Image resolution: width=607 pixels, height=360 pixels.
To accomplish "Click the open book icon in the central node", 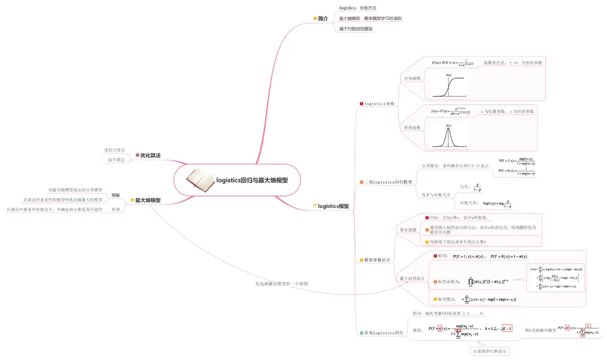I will (x=200, y=180).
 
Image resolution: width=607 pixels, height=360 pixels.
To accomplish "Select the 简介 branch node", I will (x=323, y=18).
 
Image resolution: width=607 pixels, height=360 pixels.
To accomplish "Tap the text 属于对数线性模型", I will (x=356, y=29).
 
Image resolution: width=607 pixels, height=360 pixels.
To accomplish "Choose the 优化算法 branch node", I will (x=150, y=155).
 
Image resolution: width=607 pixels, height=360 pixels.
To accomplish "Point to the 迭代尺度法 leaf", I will (x=114, y=150).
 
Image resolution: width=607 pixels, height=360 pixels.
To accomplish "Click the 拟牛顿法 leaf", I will (x=117, y=160).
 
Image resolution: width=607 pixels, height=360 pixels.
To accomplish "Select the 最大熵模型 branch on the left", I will (x=147, y=200).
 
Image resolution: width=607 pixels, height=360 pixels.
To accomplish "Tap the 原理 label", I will (x=116, y=209).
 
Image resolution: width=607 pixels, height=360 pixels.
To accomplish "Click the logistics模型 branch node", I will (x=333, y=206).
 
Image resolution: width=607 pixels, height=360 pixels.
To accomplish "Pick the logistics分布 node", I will (x=379, y=104).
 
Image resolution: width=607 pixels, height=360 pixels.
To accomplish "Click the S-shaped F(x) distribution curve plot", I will (x=449, y=86).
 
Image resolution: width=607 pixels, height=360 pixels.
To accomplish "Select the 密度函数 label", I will (x=412, y=127).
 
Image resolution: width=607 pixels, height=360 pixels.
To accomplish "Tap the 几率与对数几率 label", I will (x=436, y=195).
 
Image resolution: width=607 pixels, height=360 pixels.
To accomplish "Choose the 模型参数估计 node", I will (x=377, y=260).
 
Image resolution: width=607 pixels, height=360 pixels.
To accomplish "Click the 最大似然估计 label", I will (x=412, y=279).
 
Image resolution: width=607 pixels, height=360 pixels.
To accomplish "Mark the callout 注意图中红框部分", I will (x=490, y=351).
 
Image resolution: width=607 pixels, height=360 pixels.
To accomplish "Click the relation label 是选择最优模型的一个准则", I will (x=281, y=284).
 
